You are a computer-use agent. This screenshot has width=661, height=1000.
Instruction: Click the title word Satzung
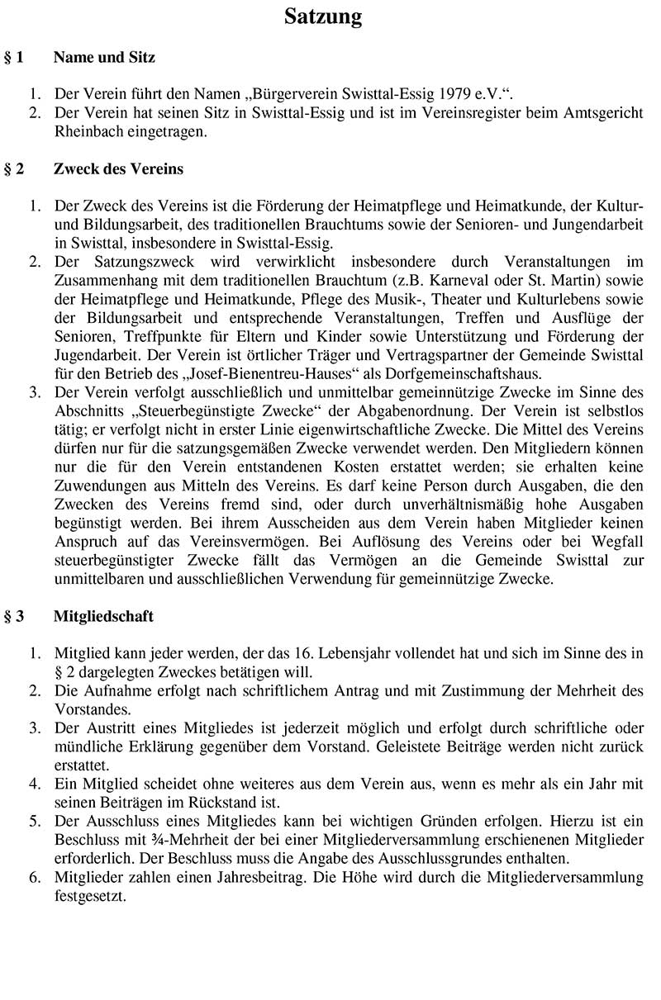click(x=323, y=17)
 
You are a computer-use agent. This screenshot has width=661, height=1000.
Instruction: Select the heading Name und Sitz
click(x=104, y=58)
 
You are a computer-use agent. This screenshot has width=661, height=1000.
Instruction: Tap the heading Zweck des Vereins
click(x=118, y=169)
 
